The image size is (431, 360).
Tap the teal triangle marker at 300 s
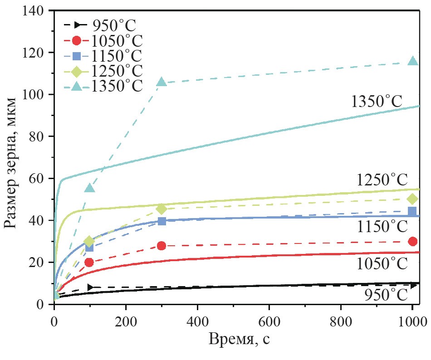(162, 82)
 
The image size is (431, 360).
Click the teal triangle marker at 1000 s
(412, 61)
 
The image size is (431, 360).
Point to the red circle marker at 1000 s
(412, 241)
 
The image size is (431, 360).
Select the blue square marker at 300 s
(162, 221)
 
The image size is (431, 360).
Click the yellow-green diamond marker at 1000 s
(412, 199)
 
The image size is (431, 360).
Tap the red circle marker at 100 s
(90, 262)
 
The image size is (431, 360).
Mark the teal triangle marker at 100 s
(90, 188)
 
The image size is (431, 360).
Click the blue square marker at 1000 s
(412, 211)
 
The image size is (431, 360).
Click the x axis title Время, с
(239, 340)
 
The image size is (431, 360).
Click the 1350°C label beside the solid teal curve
(377, 101)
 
